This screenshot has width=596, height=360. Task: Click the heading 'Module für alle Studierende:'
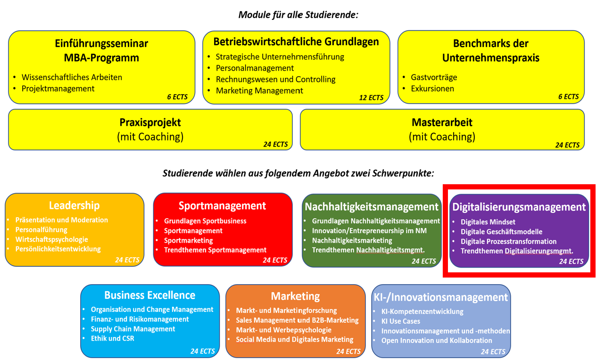tap(298, 15)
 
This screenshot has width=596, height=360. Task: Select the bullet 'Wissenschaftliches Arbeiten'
tap(72, 77)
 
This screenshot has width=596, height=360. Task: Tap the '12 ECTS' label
tap(371, 98)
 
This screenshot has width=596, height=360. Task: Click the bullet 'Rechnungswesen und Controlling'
tap(275, 79)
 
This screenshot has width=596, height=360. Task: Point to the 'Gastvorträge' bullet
tap(434, 77)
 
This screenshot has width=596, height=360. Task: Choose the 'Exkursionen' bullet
tap(432, 89)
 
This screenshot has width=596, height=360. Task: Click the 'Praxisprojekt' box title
tap(150, 123)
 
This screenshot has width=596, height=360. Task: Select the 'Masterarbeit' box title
tap(442, 123)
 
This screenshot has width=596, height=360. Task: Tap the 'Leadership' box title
tap(74, 205)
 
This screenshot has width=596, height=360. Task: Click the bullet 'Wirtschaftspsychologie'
tap(51, 239)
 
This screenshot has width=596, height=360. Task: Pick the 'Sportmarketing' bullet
tap(189, 240)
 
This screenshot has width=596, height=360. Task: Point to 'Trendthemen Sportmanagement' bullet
tap(215, 250)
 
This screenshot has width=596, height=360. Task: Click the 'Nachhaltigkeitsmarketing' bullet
tap(352, 240)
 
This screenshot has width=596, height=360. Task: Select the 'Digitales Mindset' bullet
tap(488, 222)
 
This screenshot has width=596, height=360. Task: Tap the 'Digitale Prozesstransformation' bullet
tap(508, 241)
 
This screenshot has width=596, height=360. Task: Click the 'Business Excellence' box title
tap(149, 295)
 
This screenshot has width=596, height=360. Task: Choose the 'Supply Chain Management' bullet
tap(133, 329)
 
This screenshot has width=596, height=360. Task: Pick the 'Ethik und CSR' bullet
tap(112, 338)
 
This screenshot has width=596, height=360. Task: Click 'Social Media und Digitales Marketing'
tap(294, 339)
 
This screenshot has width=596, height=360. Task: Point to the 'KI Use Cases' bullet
tap(401, 321)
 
